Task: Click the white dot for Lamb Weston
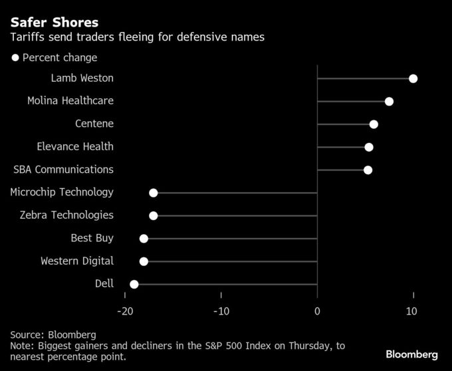413,78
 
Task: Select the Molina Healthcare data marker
389,101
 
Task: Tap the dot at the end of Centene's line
374,124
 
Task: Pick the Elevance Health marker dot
369,147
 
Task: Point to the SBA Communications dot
368,170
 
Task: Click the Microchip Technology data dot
154,193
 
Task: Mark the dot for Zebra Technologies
154,215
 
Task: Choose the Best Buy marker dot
144,239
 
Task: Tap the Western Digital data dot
144,261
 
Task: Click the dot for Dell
134,285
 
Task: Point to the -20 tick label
124,312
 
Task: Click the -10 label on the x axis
221,312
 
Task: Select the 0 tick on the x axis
317,312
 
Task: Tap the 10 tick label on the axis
413,312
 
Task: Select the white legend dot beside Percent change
15,58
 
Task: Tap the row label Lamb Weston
82,78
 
